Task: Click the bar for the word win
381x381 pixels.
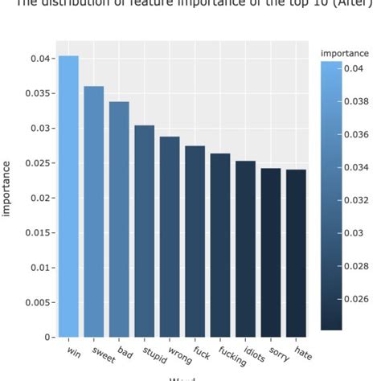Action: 68,196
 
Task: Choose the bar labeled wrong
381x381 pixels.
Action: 170,236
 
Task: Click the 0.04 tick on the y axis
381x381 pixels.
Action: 42,59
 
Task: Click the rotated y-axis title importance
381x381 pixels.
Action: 7,188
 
